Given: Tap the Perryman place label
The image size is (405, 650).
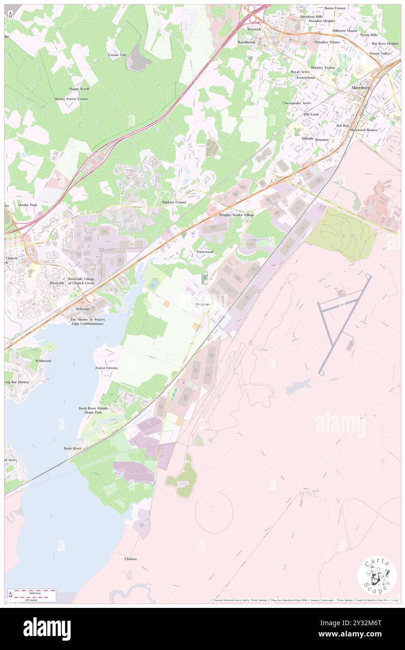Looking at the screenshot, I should [202, 304].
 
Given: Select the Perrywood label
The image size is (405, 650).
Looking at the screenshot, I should [205, 252].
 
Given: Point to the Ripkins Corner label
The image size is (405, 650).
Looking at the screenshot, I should [174, 202].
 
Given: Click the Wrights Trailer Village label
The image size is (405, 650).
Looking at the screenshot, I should [237, 215].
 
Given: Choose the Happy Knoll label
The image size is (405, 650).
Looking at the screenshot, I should [79, 88].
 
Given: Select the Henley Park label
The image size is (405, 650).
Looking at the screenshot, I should [28, 205].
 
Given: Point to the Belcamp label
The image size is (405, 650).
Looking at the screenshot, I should [82, 310].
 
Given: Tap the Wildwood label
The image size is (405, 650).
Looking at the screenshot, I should [43, 361].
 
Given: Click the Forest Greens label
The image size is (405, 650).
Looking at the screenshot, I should [107, 368].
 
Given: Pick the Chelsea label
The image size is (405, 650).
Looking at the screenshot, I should [130, 559].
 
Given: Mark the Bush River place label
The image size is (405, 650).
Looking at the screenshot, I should [72, 448].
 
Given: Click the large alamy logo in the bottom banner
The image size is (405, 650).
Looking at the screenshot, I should [47, 628].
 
